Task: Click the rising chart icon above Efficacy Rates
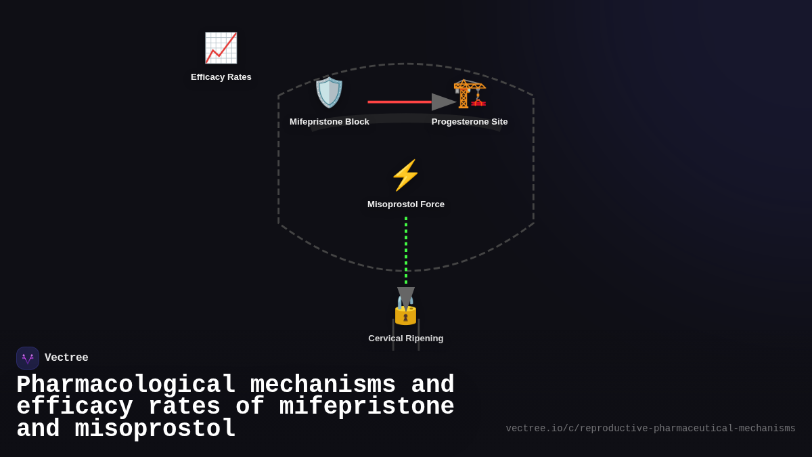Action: pyautogui.click(x=221, y=48)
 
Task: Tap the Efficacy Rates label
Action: pyautogui.click(x=221, y=77)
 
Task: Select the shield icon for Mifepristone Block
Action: pyautogui.click(x=330, y=93)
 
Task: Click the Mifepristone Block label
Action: pyautogui.click(x=330, y=122)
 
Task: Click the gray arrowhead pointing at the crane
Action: pyautogui.click(x=443, y=102)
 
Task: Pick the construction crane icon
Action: pyautogui.click(x=470, y=93)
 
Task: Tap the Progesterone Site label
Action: pyautogui.click(x=470, y=122)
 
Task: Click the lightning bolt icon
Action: pyautogui.click(x=406, y=175)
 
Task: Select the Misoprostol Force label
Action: pyautogui.click(x=406, y=204)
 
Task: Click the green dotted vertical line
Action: pyautogui.click(x=406, y=251)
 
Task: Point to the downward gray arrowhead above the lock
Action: pyautogui.click(x=406, y=296)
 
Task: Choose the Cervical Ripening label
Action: pyautogui.click(x=406, y=339)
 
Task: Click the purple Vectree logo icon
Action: pyautogui.click(x=28, y=358)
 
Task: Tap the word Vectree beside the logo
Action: pyautogui.click(x=66, y=358)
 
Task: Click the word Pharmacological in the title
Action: pyautogui.click(x=126, y=385)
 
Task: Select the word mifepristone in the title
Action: pyautogui.click(x=367, y=407)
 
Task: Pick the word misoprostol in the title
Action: pyautogui.click(x=155, y=429)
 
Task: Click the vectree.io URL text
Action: pyautogui.click(x=650, y=429)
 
